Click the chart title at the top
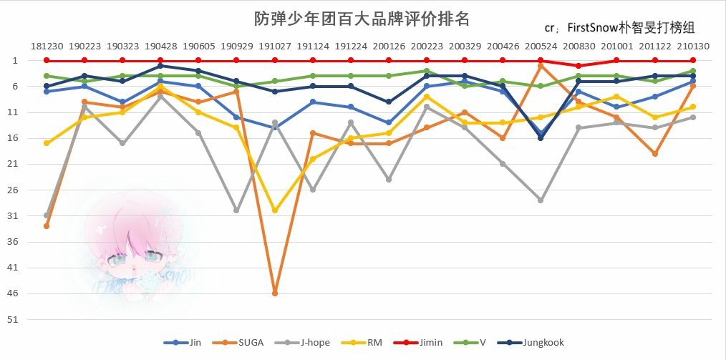(362, 18)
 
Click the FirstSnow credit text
(620, 29)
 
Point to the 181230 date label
(47, 46)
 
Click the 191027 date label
(274, 46)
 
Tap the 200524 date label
(541, 46)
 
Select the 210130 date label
(693, 46)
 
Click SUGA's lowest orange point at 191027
(275, 293)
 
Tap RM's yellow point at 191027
(275, 210)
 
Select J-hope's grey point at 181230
(47, 215)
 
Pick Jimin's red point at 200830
(579, 66)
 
